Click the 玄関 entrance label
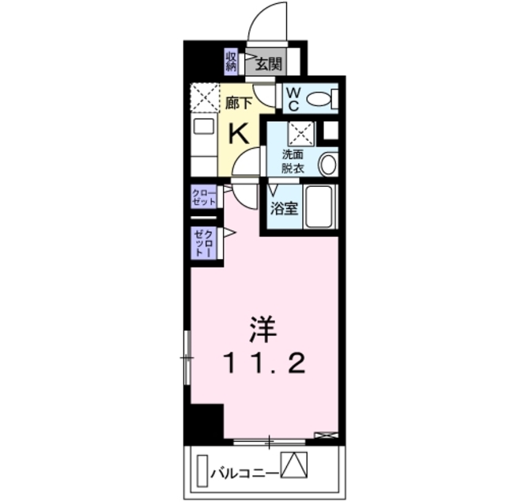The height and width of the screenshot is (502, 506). (x=268, y=64)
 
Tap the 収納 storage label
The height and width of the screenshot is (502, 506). (x=232, y=61)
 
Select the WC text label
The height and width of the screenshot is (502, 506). (x=292, y=98)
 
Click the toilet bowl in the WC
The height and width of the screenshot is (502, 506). (x=321, y=99)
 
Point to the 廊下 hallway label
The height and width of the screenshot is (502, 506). (x=238, y=102)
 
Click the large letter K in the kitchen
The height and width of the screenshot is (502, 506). (x=239, y=132)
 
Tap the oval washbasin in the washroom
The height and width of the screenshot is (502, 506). (x=327, y=165)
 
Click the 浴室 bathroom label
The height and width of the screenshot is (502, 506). (x=282, y=209)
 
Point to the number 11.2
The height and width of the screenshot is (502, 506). (x=265, y=363)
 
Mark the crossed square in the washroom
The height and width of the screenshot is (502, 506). (x=301, y=133)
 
